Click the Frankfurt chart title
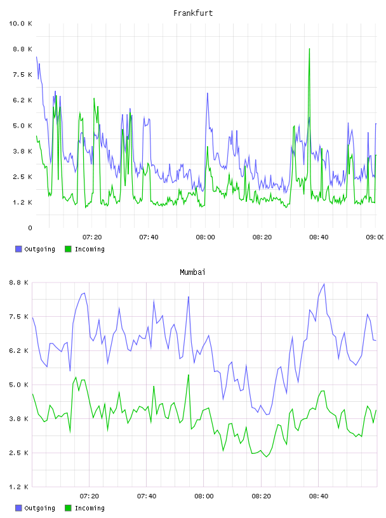tap(193, 13)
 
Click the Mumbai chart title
tap(192, 272)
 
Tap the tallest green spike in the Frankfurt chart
tap(309, 49)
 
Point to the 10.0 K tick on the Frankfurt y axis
tap(20, 23)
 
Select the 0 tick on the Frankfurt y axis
tap(30, 228)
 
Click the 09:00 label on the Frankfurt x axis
tap(375, 237)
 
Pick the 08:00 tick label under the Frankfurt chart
tap(205, 237)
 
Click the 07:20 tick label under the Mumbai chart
tap(90, 496)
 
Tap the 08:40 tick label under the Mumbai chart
tap(319, 496)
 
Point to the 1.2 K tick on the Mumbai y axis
tap(18, 487)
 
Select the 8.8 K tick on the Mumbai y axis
tap(18, 282)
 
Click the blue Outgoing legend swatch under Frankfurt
tap(18, 249)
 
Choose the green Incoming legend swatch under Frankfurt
tap(68, 249)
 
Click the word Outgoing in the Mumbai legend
tap(39, 508)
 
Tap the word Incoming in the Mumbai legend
tap(90, 508)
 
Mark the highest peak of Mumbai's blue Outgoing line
tap(324, 284)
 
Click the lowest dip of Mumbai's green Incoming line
tap(267, 456)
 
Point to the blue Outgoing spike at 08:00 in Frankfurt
tap(208, 93)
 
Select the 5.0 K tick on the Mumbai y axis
tap(18, 385)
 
